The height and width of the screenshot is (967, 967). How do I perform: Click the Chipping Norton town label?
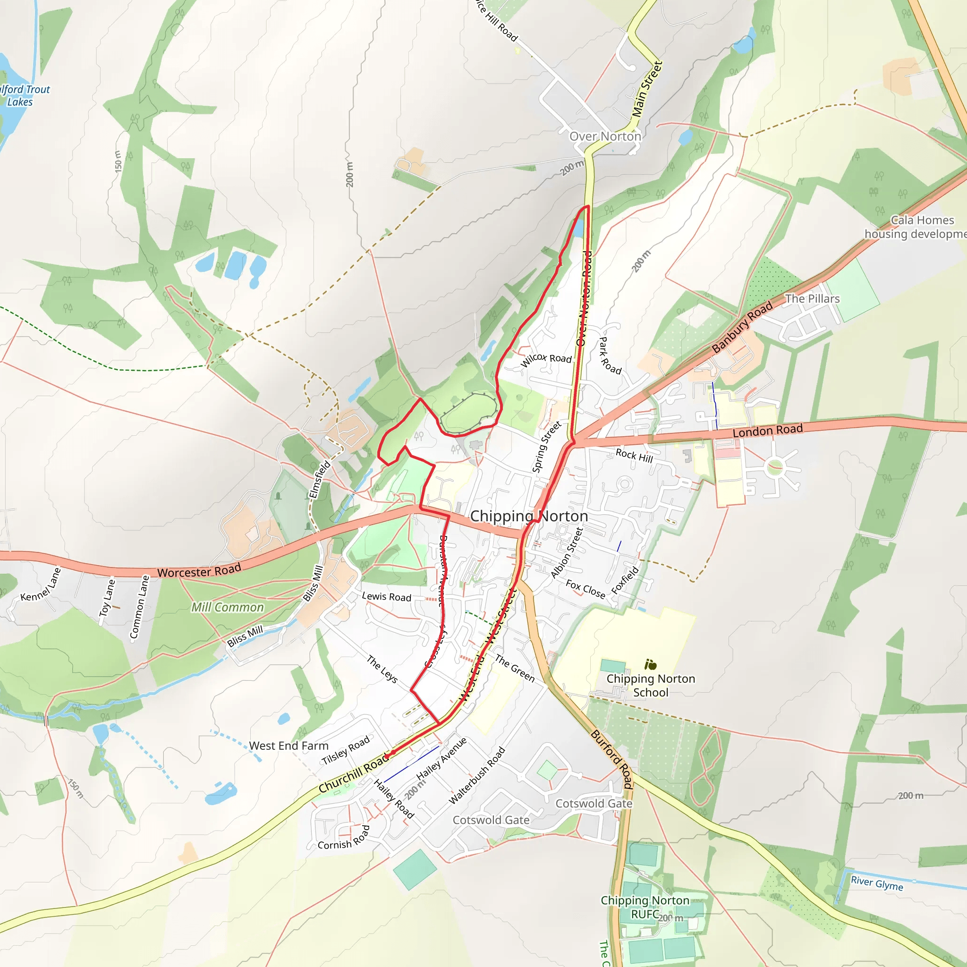click(529, 516)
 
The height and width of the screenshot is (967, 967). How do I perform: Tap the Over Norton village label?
click(605, 136)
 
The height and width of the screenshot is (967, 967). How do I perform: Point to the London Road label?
click(768, 430)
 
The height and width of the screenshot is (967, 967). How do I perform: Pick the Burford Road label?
click(611, 759)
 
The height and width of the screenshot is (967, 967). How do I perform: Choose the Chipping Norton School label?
click(651, 685)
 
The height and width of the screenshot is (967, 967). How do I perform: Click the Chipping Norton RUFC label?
click(645, 907)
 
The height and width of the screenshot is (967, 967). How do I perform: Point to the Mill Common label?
click(228, 607)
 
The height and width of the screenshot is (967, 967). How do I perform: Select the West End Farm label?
click(289, 746)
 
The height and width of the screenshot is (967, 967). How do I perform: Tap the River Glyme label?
click(877, 883)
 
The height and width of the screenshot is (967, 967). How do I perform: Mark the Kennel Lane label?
click(41, 584)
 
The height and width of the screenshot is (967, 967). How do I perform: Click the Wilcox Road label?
click(546, 359)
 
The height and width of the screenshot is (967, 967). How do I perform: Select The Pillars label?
click(812, 299)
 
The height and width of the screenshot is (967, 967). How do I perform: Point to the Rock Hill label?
click(634, 456)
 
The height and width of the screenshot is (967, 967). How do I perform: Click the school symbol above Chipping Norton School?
click(651, 665)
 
